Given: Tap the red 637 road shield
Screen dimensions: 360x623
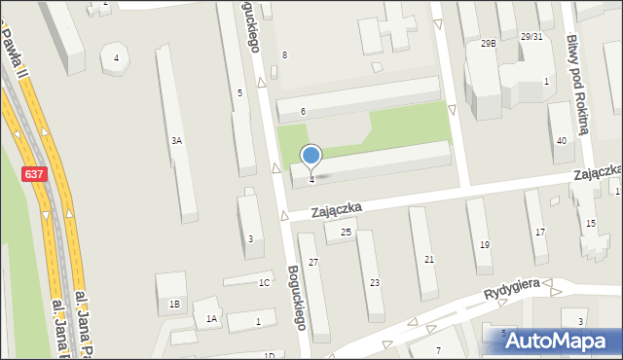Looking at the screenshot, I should pos(33,174).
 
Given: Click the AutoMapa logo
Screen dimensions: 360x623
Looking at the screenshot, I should pos(553,341).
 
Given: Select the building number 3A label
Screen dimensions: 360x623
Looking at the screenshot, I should pos(177,141).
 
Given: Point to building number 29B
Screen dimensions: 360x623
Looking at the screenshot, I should pos(488,44).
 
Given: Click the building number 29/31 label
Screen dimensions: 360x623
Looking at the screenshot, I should pos(531,37).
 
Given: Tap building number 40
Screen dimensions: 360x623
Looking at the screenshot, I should pos(562,141).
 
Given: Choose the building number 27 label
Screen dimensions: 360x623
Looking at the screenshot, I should pos(313,263).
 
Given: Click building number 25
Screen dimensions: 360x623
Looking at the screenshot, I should pos(346,232).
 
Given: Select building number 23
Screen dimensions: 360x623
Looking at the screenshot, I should pos(375,282).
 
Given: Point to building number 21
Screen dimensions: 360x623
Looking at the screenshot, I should pos(429,259).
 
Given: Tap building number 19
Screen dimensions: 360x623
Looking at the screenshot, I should pos(485,244).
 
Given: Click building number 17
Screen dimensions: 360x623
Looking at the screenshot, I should pos(540,232).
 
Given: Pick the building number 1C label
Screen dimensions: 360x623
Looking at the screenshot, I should pos(264,283).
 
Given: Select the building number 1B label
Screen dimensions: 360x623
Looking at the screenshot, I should pos(174,305).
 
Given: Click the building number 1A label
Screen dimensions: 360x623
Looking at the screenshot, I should pos(211,318).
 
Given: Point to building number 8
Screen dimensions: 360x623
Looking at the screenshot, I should pos(284,54).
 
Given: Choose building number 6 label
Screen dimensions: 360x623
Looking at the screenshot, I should pos(303,112).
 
